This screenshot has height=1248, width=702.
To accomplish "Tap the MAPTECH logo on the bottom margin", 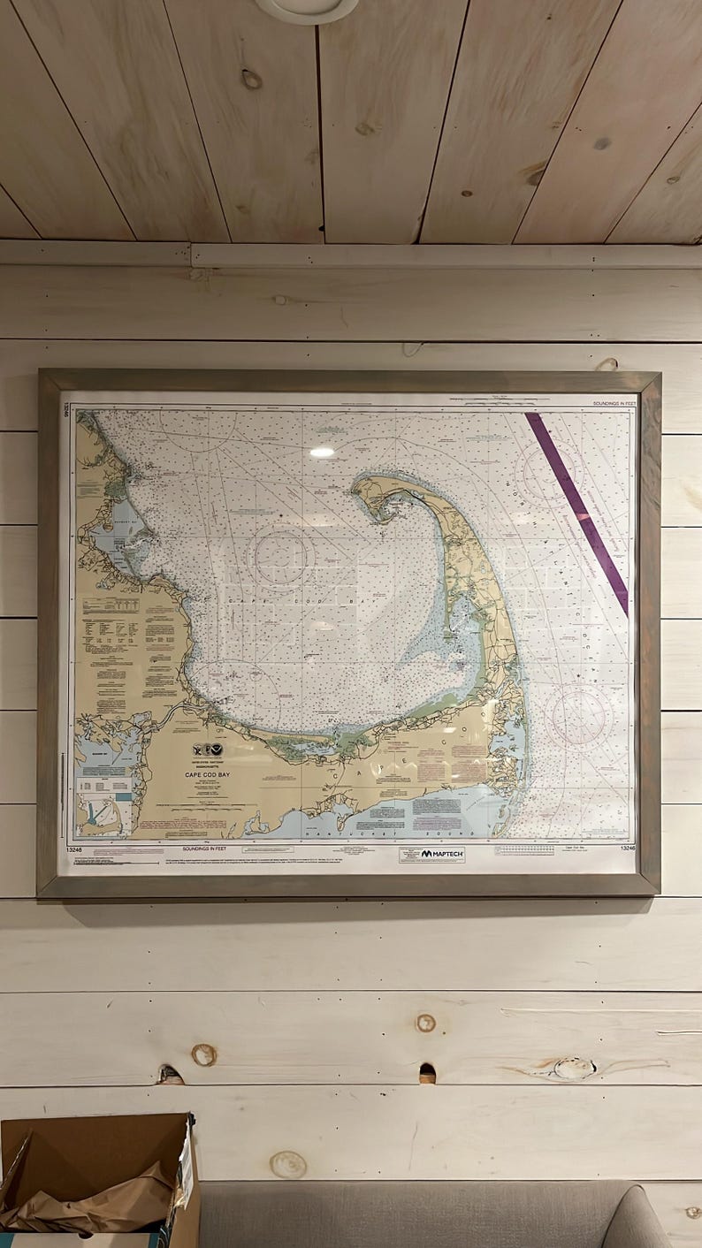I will tap(431, 854).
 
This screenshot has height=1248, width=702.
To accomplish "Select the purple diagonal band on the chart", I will tap(576, 512).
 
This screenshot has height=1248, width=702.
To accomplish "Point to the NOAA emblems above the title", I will tap(209, 749).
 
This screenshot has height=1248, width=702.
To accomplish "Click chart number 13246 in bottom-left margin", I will tap(75, 849).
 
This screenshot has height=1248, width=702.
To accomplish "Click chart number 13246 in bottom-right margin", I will tap(627, 848).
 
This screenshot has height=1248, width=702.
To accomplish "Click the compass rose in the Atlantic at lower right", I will tap(578, 714).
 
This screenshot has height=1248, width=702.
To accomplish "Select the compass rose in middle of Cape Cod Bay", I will tap(281, 557).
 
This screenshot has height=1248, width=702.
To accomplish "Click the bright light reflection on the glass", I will tap(322, 452).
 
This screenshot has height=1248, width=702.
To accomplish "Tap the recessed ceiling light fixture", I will tap(307, 7).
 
